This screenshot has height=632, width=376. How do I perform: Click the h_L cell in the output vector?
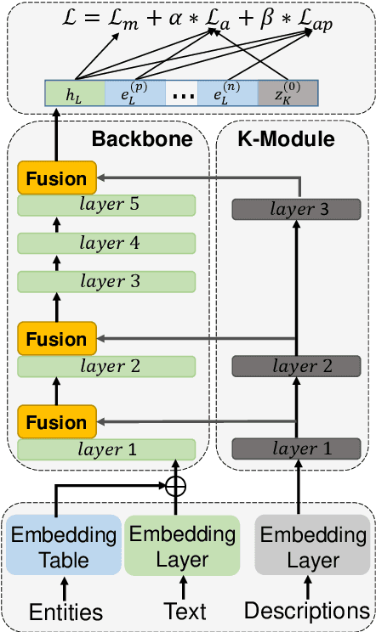[74, 93]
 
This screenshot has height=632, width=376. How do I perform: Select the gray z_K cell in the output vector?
[288, 93]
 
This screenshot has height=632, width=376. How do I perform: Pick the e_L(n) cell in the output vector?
[227, 93]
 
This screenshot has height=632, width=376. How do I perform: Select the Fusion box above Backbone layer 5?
[55, 179]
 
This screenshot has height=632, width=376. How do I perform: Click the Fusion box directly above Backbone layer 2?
[55, 340]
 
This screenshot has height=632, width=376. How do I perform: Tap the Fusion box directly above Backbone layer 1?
[55, 421]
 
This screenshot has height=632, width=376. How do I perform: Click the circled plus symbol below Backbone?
[174, 487]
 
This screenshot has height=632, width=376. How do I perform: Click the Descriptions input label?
[307, 612]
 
